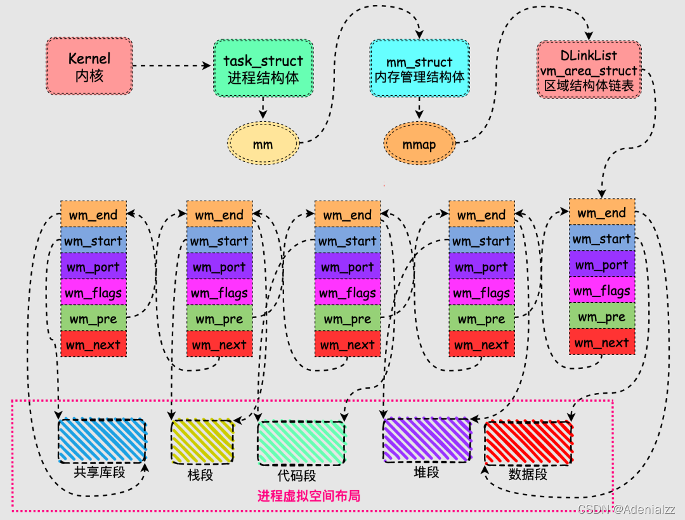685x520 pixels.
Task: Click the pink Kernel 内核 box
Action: point(89,66)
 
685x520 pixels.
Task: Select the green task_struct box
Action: point(263,69)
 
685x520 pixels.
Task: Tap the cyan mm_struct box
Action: point(419,69)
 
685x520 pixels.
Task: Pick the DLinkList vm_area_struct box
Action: point(589,70)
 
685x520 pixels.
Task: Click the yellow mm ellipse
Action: point(263,144)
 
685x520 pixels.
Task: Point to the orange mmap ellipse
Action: point(419,144)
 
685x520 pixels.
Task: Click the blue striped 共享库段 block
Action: point(102,441)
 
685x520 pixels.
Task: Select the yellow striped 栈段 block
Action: point(202,441)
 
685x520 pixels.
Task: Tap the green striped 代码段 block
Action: point(301,443)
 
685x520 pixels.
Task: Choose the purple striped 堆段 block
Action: point(427,439)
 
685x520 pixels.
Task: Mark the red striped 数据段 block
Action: point(528,443)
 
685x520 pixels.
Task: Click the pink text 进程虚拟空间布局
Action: point(309,496)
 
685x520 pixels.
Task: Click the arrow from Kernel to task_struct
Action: point(171,65)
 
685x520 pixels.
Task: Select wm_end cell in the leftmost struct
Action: point(93,215)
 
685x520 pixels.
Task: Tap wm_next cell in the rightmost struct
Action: point(602,343)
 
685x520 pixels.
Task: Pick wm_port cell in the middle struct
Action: point(348,267)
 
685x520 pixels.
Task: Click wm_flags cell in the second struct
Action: point(219,293)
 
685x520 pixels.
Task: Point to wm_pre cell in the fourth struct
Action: point(481,319)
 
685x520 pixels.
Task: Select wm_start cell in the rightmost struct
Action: point(602,239)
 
